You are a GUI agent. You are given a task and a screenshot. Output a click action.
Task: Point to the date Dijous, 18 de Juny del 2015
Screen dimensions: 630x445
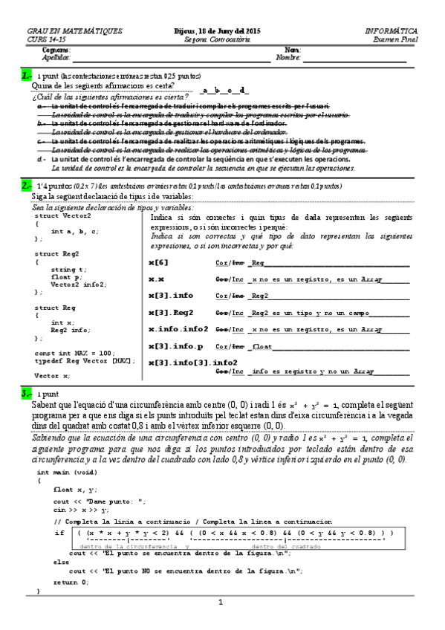coord(221,31)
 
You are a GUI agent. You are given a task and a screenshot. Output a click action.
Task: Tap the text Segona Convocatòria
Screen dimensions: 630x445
coord(221,39)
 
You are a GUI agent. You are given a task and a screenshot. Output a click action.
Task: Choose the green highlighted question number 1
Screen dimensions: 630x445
coord(27,76)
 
